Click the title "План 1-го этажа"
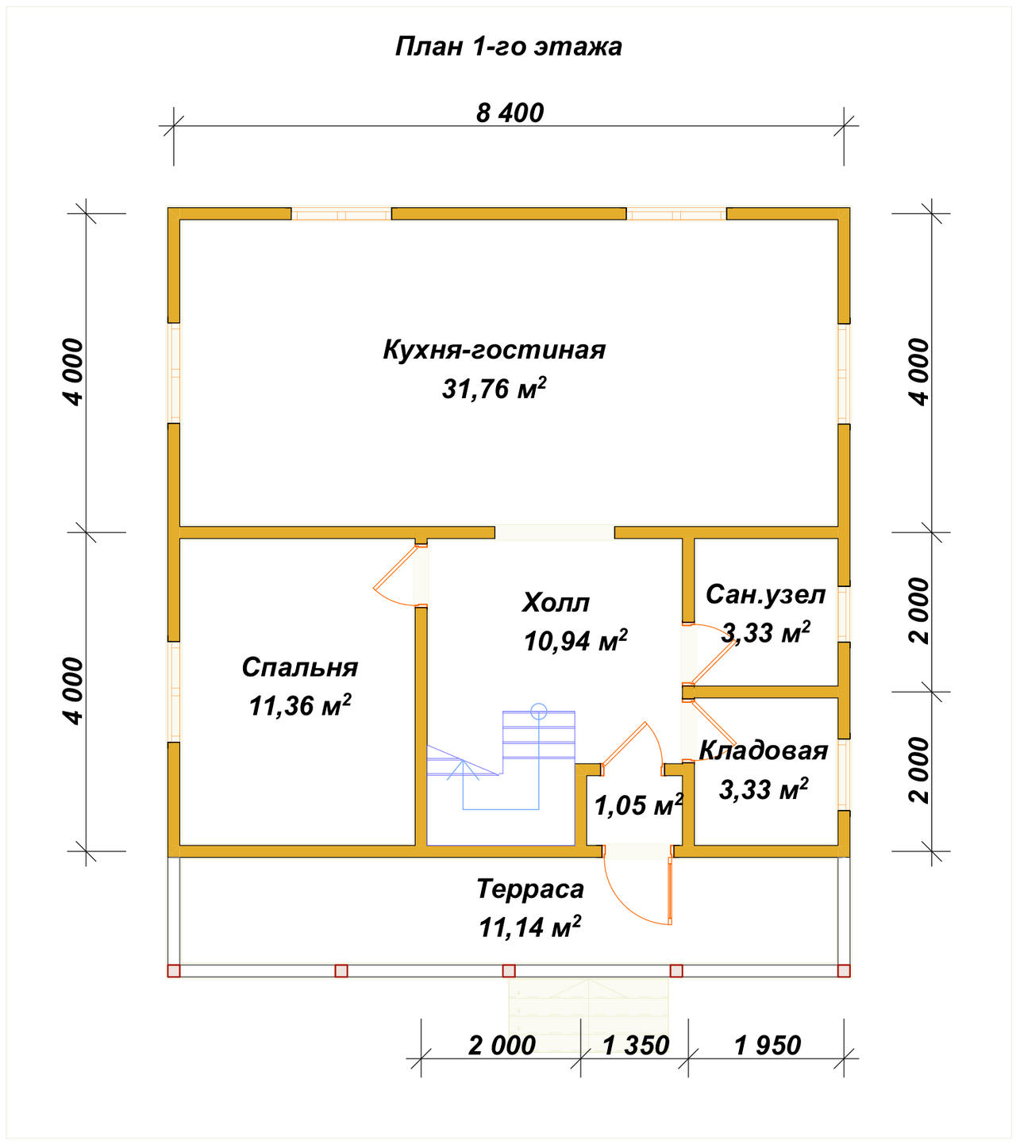click(x=508, y=47)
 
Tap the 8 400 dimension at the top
click(x=510, y=113)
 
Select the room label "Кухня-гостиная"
click(x=494, y=350)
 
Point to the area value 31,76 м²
click(x=494, y=389)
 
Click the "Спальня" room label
click(x=299, y=667)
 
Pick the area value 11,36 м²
click(x=299, y=705)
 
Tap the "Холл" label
click(x=555, y=602)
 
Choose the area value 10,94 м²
click(x=575, y=641)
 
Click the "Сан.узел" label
click(x=765, y=594)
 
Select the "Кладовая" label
click(x=763, y=751)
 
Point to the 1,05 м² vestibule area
click(x=638, y=804)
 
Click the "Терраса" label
click(x=529, y=889)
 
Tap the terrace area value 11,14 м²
click(x=529, y=927)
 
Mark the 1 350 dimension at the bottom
click(x=635, y=1045)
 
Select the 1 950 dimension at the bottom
click(x=767, y=1045)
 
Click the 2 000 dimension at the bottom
click(x=501, y=1045)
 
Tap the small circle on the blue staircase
click(x=538, y=712)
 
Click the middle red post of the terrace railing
click(x=509, y=970)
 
